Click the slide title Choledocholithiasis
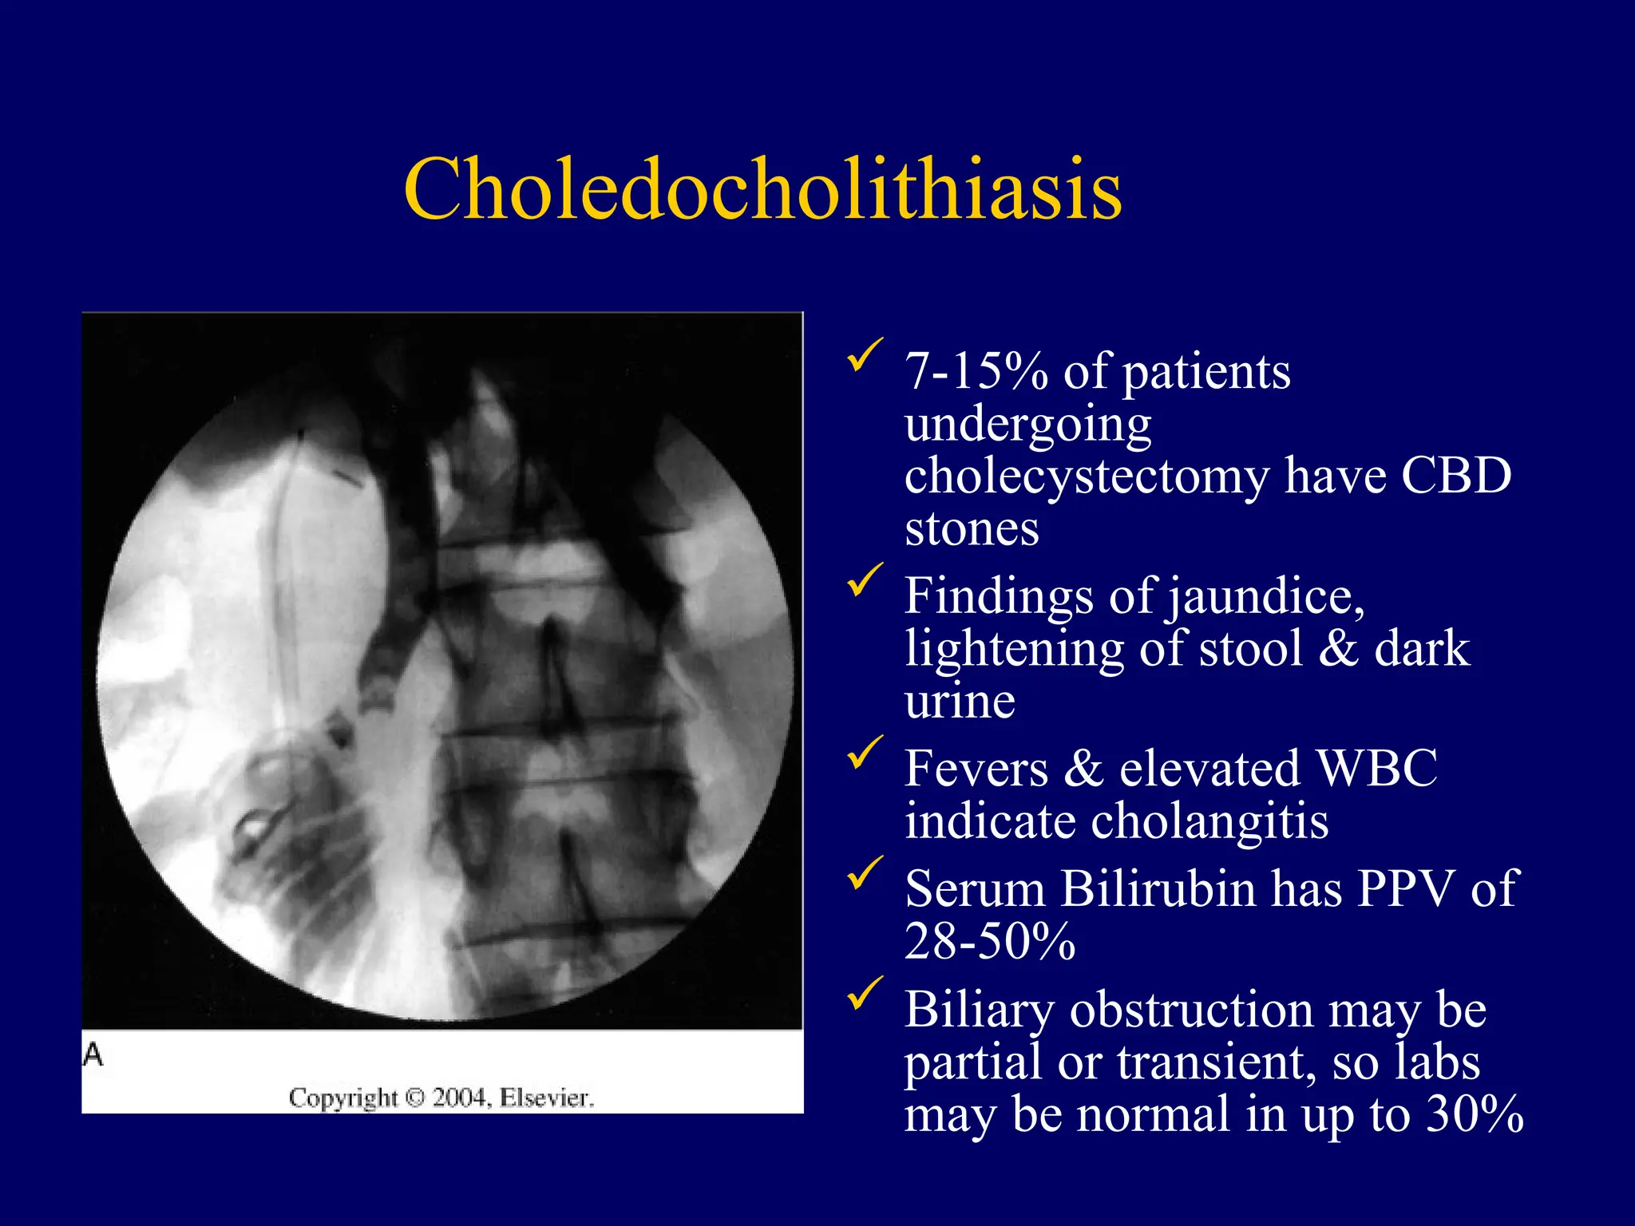pos(762,189)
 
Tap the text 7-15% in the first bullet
pos(976,372)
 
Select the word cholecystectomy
pos(1086,477)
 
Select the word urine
pos(960,701)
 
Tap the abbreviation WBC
pos(1376,769)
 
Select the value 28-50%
pos(990,941)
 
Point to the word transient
pos(1215,1062)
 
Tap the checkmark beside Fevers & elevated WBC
pos(865,753)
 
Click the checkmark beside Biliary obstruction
pos(865,994)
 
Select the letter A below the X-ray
pos(93,1055)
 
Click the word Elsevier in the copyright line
pos(546,1098)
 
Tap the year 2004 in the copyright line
pos(461,1098)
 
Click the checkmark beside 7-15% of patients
pos(865,355)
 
